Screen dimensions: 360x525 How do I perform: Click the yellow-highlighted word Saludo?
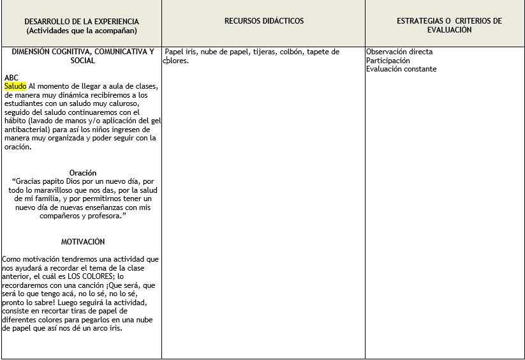(x=15, y=86)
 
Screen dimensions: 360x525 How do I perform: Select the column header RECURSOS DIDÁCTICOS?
(x=264, y=21)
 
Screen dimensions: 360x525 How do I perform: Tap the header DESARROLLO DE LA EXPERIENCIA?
(x=81, y=21)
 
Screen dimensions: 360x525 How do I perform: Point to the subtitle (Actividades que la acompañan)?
(x=81, y=30)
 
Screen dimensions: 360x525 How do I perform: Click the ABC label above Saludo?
(x=11, y=77)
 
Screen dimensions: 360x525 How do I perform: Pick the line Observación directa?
(x=399, y=52)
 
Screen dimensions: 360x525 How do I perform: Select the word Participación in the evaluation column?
(x=388, y=61)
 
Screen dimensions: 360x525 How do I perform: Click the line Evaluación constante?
(x=401, y=69)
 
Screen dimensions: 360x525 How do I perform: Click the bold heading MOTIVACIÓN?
(x=83, y=242)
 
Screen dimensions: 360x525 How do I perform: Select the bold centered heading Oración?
(x=83, y=173)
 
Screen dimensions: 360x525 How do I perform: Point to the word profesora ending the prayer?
(x=102, y=216)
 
